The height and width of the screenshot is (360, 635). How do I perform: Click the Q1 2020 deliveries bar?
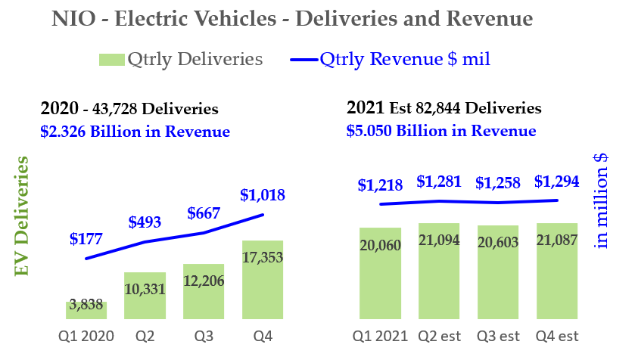click(x=86, y=311)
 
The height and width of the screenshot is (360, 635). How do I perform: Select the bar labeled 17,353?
click(x=263, y=280)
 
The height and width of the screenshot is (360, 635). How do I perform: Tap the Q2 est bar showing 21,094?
click(x=438, y=271)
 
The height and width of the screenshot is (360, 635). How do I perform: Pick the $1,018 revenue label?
click(x=263, y=195)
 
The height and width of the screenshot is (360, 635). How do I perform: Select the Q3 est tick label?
click(x=498, y=335)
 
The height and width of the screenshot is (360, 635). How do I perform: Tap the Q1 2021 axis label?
click(x=380, y=335)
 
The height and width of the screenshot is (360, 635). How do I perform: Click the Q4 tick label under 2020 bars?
click(x=263, y=335)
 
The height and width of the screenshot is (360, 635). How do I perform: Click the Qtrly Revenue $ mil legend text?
click(x=405, y=59)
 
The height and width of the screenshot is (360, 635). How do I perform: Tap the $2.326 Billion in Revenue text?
click(x=135, y=131)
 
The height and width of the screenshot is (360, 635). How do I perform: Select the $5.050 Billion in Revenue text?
click(x=441, y=131)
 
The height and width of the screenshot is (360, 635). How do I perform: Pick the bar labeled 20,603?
click(x=498, y=272)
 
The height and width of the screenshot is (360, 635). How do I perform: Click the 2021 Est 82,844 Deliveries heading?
click(x=444, y=107)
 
